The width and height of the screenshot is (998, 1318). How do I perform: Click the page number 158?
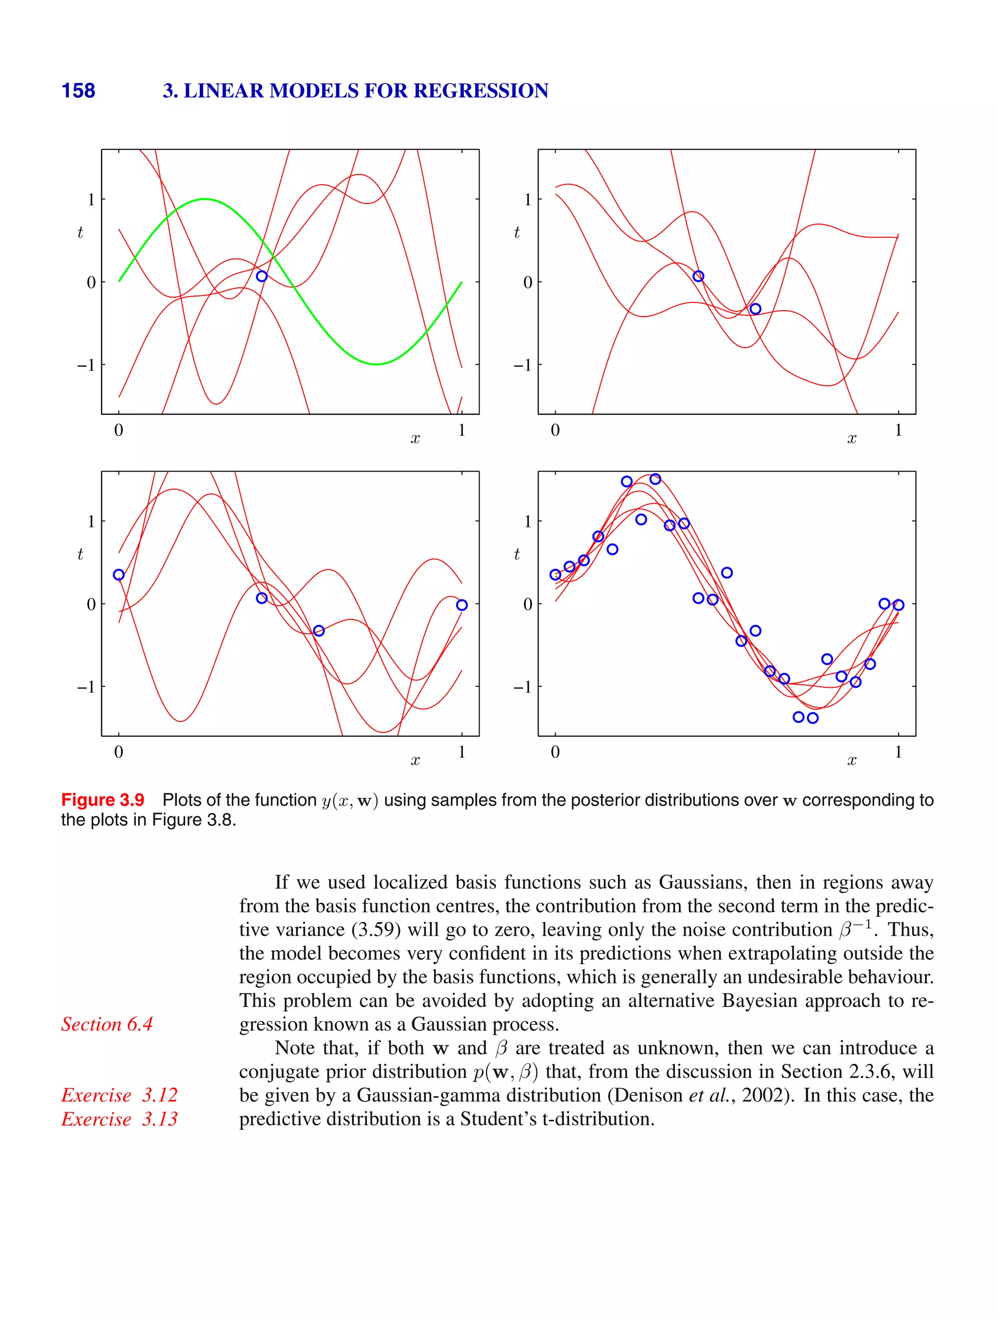[x=78, y=91]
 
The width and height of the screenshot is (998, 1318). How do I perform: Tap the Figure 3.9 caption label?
[x=102, y=800]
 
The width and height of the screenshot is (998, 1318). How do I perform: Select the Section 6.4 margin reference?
[x=107, y=1024]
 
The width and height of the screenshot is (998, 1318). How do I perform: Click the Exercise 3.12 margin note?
[x=119, y=1094]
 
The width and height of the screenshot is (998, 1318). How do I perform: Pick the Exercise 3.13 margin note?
[x=119, y=1118]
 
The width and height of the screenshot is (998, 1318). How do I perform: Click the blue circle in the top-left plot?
[x=262, y=276]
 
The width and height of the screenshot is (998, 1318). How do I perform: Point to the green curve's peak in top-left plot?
[x=205, y=199]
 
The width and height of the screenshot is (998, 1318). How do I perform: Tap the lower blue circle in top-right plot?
[x=755, y=309]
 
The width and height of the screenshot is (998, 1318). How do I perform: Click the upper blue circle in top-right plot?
[x=699, y=276]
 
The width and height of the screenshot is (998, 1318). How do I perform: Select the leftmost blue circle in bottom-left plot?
[x=118, y=574]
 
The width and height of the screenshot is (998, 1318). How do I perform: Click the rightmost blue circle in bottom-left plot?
[x=462, y=605]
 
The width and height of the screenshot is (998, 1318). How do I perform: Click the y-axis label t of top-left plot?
[x=80, y=232]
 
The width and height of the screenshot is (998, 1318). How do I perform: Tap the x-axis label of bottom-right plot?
[x=851, y=761]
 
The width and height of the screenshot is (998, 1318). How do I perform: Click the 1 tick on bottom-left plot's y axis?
[x=91, y=521]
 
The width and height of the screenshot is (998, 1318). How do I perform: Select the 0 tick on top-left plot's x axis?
[x=118, y=430]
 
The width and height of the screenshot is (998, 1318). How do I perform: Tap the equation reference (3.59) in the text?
[x=376, y=929]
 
